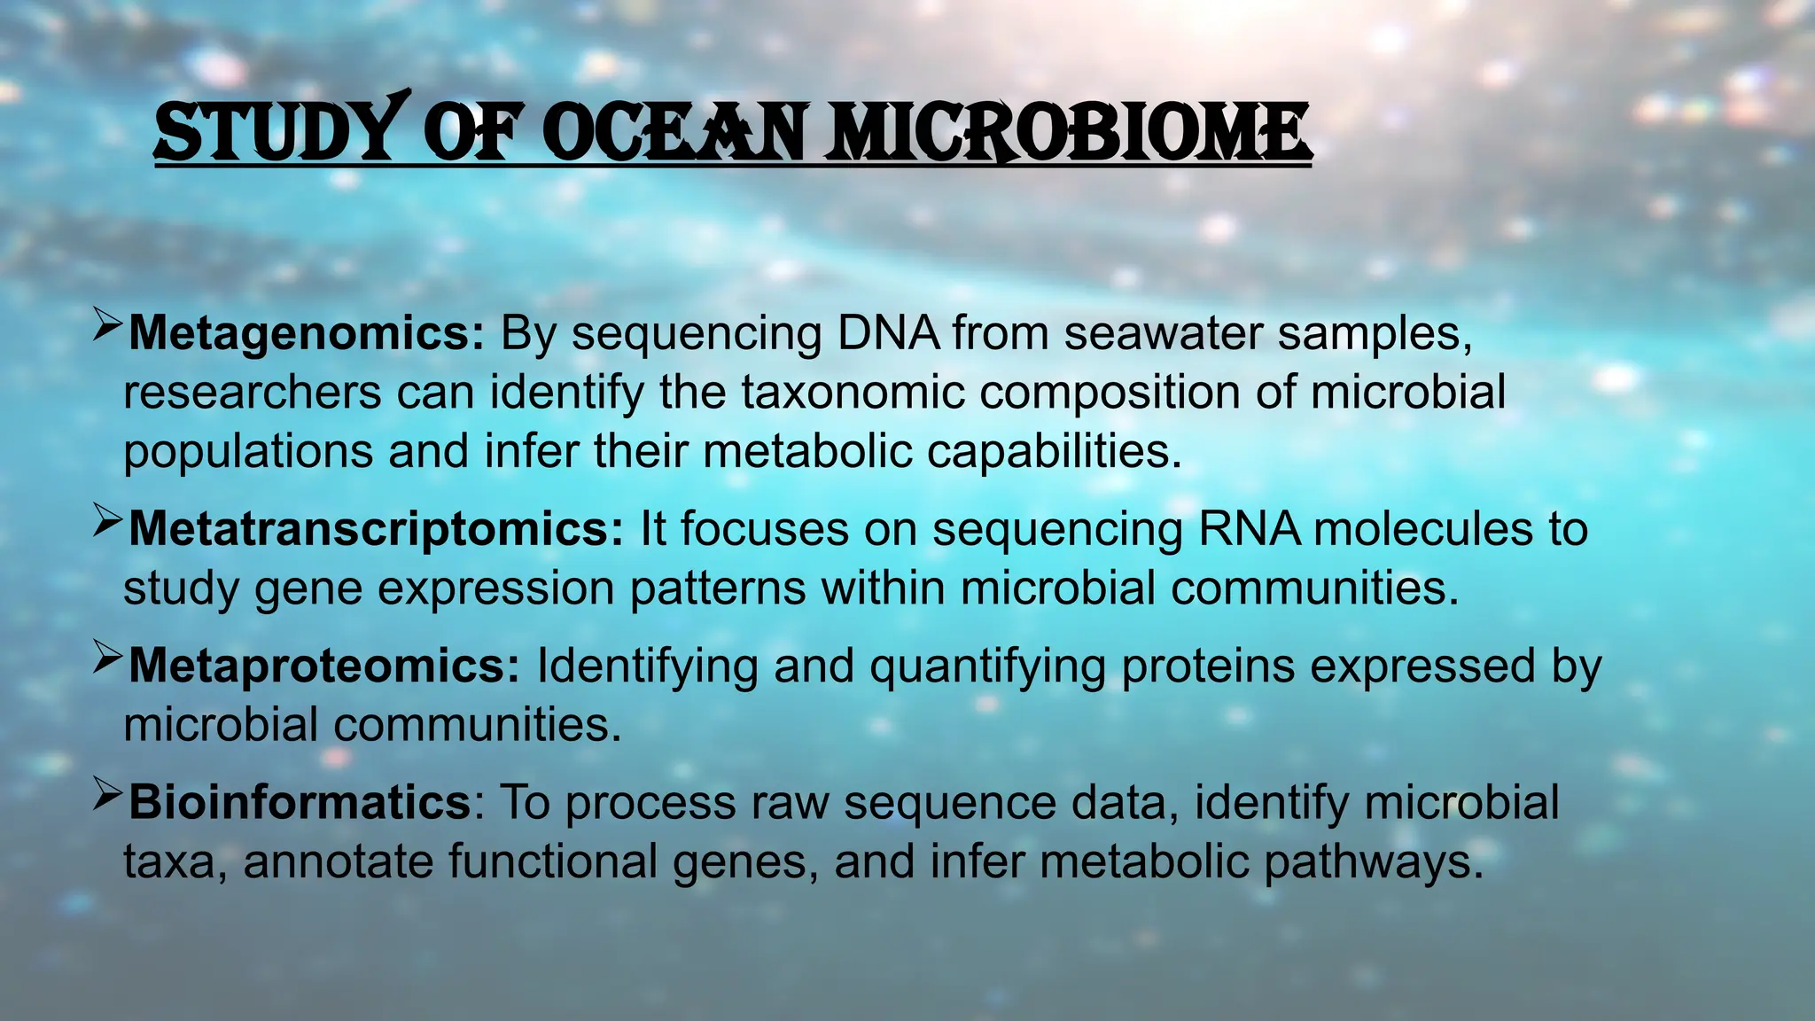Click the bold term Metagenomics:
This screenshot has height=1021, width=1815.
click(307, 334)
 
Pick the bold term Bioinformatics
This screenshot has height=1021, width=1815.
click(300, 803)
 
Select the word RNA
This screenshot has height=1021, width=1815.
click(1250, 529)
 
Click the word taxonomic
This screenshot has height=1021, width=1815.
click(853, 393)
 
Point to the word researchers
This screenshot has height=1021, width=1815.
click(252, 393)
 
